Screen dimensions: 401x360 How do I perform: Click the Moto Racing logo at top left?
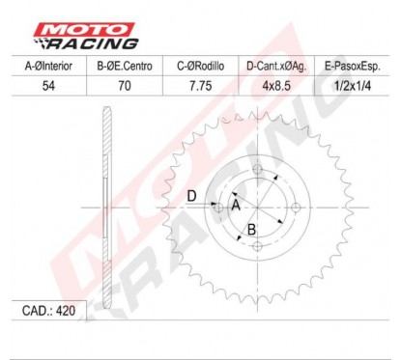point(86,36)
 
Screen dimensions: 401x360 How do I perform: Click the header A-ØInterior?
point(48,66)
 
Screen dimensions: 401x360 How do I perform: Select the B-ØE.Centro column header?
point(125,66)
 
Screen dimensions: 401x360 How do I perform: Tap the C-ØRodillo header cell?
point(200,66)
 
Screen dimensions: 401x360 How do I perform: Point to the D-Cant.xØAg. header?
point(276,67)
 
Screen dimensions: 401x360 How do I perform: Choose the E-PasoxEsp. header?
point(353,67)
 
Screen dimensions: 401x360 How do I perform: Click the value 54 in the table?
point(48,86)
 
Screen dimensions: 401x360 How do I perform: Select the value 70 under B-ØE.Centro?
point(125,86)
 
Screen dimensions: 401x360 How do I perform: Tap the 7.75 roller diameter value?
point(200,86)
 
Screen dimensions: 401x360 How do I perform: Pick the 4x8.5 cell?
point(276,86)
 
